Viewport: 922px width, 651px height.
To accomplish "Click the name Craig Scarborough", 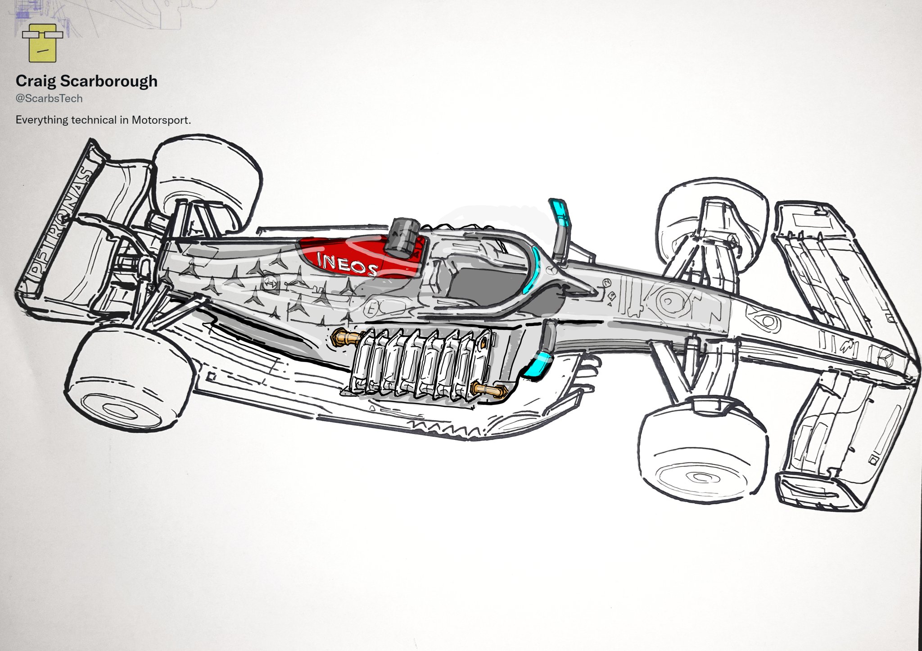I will [86, 81].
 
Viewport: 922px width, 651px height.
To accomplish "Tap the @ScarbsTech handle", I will [49, 98].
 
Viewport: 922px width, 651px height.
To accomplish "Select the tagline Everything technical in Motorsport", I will [104, 120].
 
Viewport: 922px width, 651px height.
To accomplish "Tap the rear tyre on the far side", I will [207, 180].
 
